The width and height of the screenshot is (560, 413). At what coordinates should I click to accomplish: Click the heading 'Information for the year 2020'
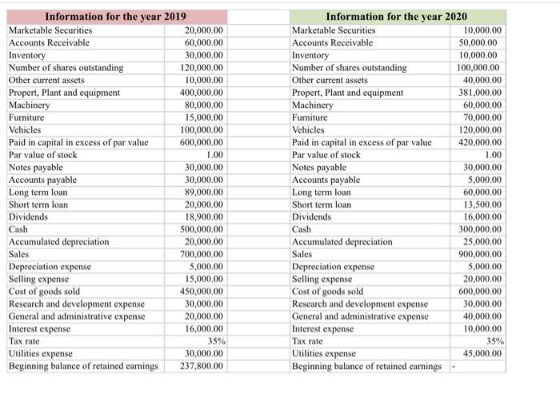(x=397, y=17)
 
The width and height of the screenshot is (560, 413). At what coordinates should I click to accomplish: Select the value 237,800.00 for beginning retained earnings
(x=204, y=367)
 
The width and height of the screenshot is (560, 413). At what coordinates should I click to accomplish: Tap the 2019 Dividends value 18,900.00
(x=204, y=216)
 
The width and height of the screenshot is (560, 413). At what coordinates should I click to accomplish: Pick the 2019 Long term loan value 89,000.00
(x=204, y=192)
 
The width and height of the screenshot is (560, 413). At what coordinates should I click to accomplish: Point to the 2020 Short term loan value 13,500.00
(x=482, y=205)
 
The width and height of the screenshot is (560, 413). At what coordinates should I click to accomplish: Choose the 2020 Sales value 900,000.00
(x=480, y=254)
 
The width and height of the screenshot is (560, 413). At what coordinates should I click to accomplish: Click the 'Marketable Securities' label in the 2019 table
(x=50, y=30)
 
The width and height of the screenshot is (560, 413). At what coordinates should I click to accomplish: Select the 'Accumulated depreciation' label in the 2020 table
(x=342, y=242)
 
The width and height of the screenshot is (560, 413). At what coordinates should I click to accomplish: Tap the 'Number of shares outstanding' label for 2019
(x=66, y=68)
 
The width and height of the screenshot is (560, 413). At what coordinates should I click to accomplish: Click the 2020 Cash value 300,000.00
(x=480, y=229)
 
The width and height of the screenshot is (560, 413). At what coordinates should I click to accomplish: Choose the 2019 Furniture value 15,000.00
(x=204, y=117)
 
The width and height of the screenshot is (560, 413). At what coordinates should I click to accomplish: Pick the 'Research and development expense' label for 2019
(x=77, y=304)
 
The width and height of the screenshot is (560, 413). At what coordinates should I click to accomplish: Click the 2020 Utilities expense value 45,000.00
(x=482, y=354)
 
